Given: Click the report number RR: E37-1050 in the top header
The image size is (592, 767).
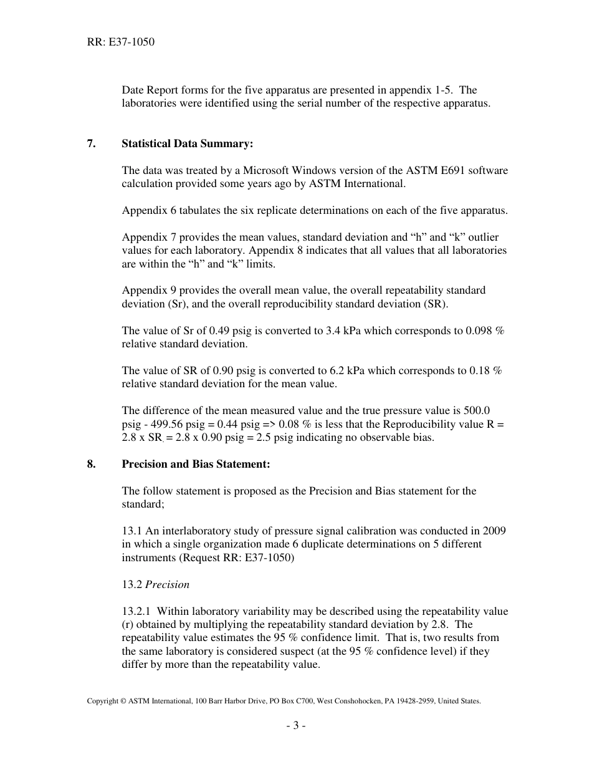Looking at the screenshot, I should coord(121,42).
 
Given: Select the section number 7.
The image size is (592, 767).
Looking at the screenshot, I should coord(91,144).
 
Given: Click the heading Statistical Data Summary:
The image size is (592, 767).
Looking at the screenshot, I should coord(187,144).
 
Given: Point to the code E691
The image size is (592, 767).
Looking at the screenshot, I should coord(436,170).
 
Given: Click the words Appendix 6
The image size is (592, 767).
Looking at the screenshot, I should coord(148,210).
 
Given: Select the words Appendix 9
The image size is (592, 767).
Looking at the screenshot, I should coord(148,290).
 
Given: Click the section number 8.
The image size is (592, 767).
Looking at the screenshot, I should coord(91,465).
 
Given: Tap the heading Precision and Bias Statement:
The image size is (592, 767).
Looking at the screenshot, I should coord(196,465).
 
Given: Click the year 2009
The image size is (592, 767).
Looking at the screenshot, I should coord(495,531).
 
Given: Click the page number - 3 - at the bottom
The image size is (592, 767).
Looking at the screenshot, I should coord(296,725).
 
